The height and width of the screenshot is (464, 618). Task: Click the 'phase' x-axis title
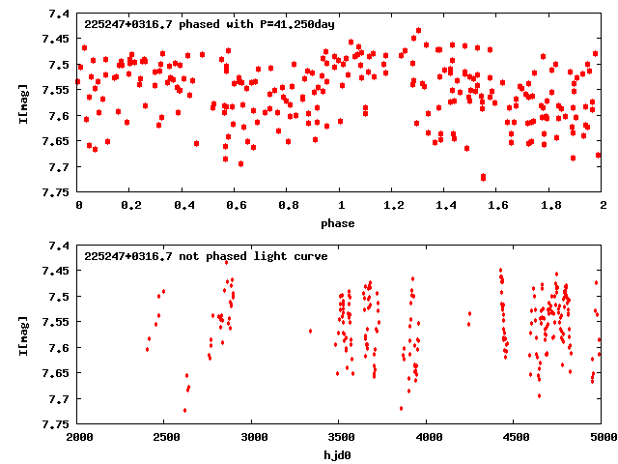pos(340,223)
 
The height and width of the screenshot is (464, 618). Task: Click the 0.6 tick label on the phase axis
pos(236,206)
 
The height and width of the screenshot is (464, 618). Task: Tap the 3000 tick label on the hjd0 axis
pos(253,438)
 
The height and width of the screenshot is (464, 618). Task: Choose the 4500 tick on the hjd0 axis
pos(515,438)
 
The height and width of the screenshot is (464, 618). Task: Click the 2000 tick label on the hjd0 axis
pos(78,438)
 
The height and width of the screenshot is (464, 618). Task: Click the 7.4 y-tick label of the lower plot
pos(58,246)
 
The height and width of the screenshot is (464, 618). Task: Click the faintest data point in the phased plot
pos(483,177)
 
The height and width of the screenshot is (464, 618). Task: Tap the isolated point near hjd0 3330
pos(310,331)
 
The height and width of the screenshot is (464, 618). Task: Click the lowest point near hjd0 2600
pos(184,410)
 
